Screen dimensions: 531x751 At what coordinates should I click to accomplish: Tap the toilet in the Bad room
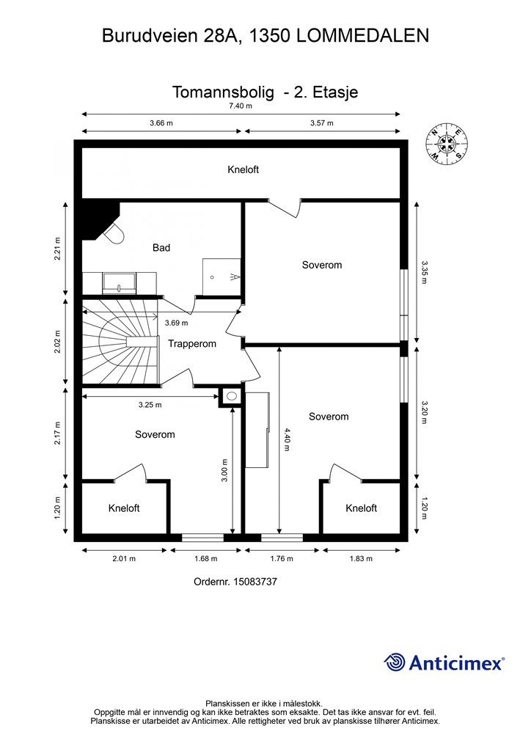[x=114, y=233]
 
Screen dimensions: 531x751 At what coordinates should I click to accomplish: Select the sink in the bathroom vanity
[x=119, y=283]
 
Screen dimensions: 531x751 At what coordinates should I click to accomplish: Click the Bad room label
[x=161, y=248]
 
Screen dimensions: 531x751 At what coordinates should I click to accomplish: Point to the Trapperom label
[x=192, y=344]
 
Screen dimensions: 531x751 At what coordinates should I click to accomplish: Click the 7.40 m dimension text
[x=241, y=106]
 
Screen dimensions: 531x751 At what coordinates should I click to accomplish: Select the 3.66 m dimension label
[x=161, y=123]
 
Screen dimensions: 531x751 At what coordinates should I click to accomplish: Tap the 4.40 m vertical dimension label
[x=287, y=440]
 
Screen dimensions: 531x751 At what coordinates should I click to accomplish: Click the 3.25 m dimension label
[x=150, y=405]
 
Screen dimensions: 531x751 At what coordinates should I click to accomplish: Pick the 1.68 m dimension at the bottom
[x=205, y=558]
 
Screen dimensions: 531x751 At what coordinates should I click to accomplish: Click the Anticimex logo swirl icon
[x=394, y=662]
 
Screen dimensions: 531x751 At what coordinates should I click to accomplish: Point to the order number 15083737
[x=255, y=582]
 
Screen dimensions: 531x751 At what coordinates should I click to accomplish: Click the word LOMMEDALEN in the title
[x=363, y=36]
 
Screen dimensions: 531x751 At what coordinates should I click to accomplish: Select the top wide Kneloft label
[x=243, y=169]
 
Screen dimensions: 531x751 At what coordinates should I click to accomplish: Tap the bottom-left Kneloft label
[x=124, y=508]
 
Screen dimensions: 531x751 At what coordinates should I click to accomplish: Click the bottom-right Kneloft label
[x=362, y=508]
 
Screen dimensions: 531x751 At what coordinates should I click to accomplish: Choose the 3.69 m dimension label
[x=176, y=323]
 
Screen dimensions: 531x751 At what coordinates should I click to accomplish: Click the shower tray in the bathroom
[x=221, y=276]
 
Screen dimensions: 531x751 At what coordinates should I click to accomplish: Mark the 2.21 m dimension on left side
[x=57, y=249]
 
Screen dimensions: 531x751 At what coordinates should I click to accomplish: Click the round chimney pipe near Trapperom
[x=232, y=396]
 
